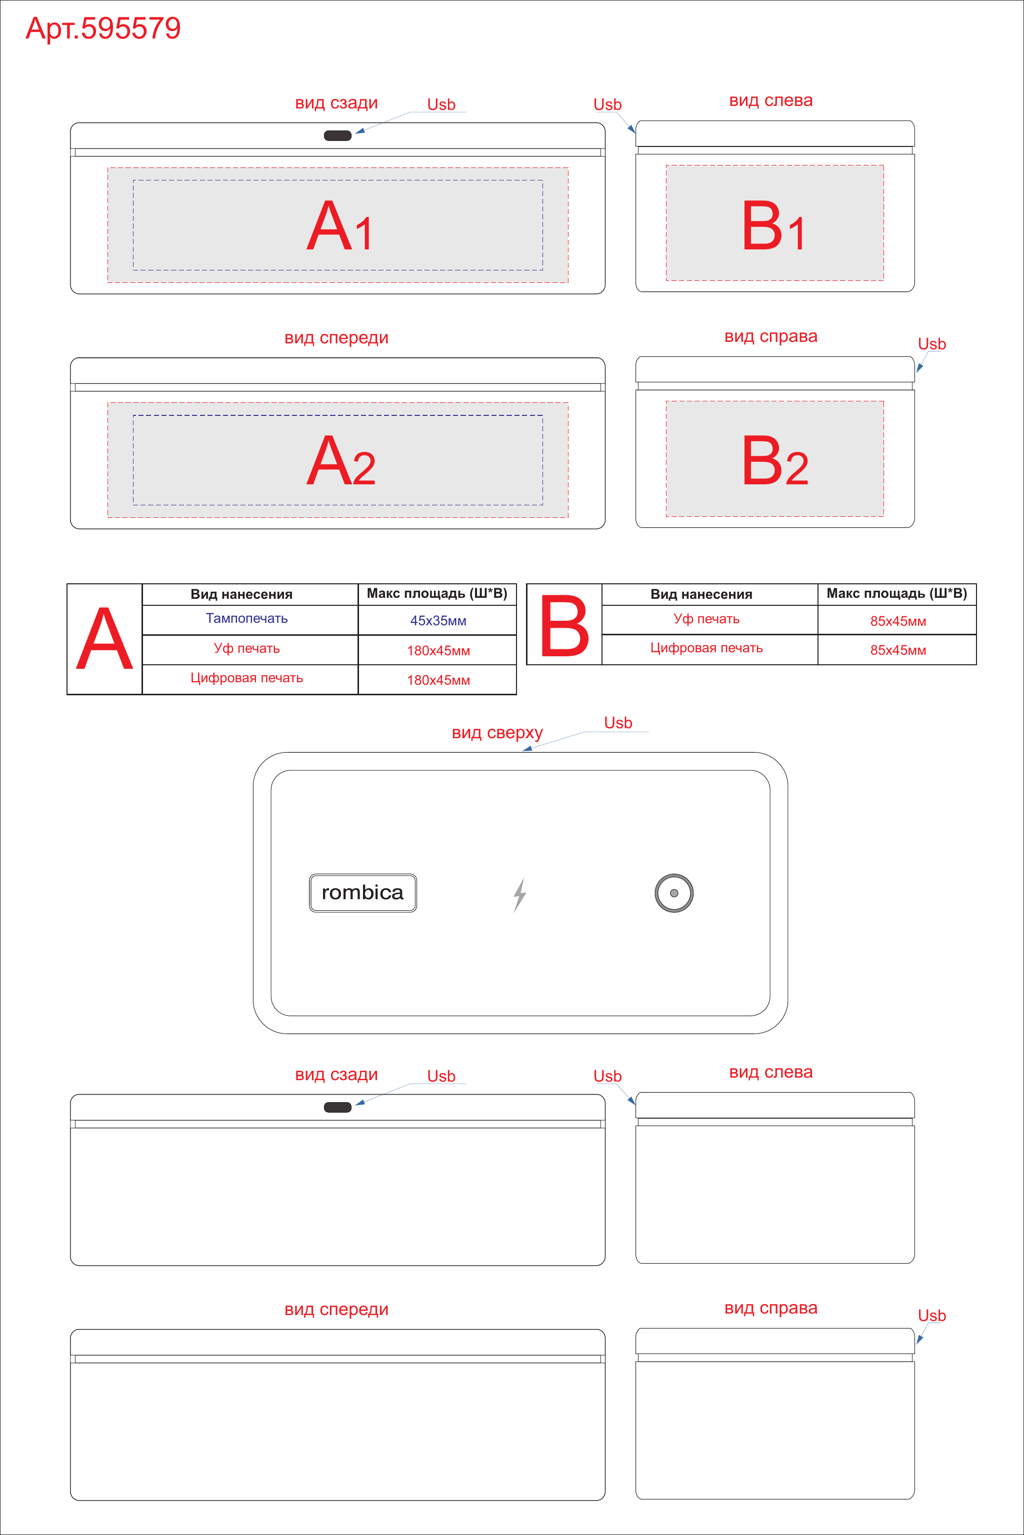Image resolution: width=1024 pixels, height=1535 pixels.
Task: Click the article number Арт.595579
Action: point(103,28)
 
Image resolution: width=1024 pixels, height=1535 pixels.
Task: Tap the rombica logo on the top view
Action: point(362,893)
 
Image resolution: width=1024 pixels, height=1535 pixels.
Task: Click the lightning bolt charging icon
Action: point(519,895)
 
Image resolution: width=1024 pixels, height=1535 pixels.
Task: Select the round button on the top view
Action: point(674,893)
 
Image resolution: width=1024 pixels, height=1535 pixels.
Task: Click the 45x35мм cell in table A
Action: point(438,620)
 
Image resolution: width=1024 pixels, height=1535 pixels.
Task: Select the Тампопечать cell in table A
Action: point(247,618)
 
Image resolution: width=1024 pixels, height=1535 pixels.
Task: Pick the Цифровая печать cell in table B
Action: point(706,648)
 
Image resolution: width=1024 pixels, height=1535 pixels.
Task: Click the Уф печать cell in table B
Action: point(706,619)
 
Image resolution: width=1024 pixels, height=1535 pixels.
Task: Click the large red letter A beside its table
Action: point(104,639)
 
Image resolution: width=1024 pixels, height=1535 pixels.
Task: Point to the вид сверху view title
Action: point(497,733)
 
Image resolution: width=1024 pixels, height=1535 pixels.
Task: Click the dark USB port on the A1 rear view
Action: point(337,135)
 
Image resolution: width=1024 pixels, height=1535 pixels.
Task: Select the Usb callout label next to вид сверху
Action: point(618,723)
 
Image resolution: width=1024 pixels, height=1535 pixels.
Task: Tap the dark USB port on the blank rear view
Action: point(337,1107)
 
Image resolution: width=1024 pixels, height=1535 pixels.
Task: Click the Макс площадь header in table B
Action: point(896,593)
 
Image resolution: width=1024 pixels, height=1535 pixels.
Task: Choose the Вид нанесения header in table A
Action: point(241,594)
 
